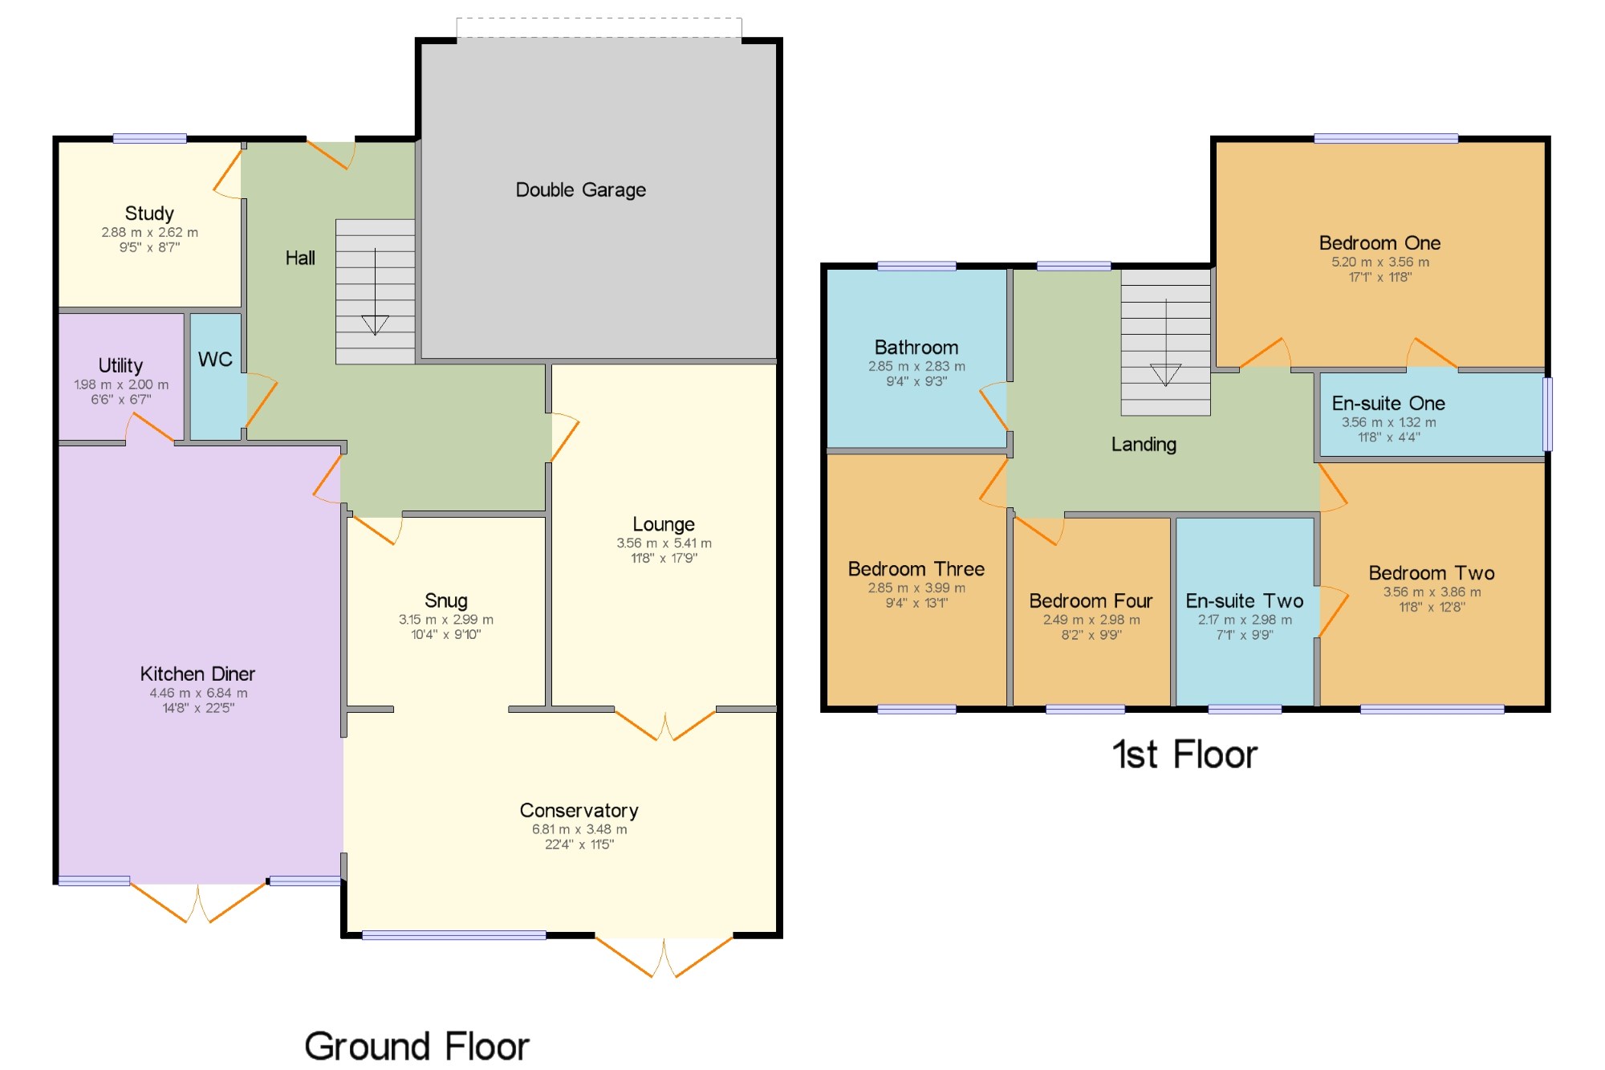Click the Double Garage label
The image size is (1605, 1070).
pos(580,190)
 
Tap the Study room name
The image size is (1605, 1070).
pos(149,214)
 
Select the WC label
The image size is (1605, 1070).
pos(215,360)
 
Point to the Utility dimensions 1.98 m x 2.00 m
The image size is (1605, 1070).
pos(121,384)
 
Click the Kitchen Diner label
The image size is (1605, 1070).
pos(197,673)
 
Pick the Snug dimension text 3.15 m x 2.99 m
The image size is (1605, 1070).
pos(446,620)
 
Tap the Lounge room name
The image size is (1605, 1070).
pos(664,525)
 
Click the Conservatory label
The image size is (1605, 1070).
pos(579,811)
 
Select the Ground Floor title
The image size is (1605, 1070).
pos(416,1047)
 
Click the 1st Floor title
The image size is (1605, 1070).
pos(1184,755)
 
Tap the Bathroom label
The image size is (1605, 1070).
pos(916,348)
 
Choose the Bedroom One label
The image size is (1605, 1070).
pos(1379,243)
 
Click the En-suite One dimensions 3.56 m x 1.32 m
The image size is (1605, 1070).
pos(1389,422)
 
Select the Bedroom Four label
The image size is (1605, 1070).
pos(1091,601)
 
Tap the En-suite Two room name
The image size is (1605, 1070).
pos(1245,601)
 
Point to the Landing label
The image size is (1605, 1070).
pos(1144,445)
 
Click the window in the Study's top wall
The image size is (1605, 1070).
pos(149,139)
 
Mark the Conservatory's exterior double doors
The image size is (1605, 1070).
pos(664,955)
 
